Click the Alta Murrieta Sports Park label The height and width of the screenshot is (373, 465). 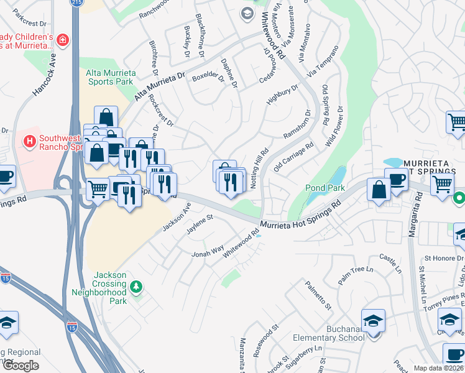coord(109,77)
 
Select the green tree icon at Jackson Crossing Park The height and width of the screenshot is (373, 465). coord(136,287)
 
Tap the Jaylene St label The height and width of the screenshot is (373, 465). coord(201,224)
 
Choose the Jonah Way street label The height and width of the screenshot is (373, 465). coord(208,251)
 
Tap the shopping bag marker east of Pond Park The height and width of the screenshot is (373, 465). coord(379,189)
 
